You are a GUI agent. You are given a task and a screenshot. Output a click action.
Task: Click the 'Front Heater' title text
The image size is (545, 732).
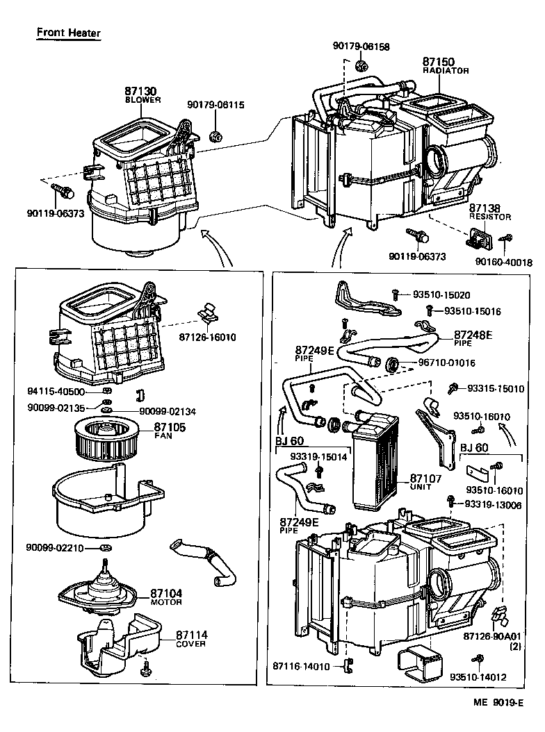click(x=68, y=33)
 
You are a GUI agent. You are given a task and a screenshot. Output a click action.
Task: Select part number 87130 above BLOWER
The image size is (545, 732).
click(x=140, y=91)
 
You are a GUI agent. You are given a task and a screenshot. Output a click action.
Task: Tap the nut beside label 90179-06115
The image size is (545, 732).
click(x=215, y=135)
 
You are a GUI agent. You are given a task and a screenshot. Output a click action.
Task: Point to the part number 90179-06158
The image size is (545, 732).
click(x=361, y=47)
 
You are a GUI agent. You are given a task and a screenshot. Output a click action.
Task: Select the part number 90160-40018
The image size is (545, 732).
click(x=503, y=263)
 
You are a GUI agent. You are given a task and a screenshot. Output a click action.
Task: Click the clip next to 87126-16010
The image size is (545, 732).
click(x=206, y=313)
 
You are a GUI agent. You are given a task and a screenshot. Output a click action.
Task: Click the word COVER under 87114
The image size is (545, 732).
click(x=191, y=644)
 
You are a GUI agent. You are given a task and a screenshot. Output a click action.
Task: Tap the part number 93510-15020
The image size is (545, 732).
click(x=446, y=295)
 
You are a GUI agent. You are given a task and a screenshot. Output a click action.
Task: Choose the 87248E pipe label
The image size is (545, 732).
click(x=473, y=335)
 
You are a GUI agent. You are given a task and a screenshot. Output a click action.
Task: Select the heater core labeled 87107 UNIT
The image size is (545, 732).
click(x=375, y=465)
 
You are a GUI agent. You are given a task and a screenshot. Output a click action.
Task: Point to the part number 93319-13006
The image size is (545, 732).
click(x=493, y=504)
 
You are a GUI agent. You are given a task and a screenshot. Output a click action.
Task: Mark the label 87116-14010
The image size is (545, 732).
click(x=300, y=666)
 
